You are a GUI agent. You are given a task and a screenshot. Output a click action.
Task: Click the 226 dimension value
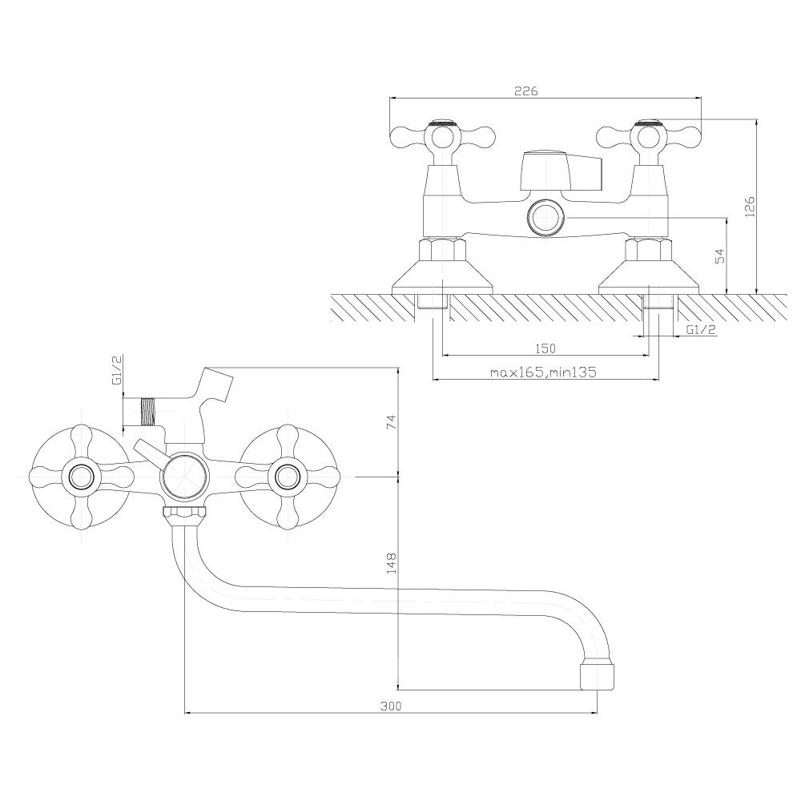click(x=525, y=91)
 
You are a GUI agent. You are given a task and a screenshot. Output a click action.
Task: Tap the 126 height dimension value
click(x=750, y=207)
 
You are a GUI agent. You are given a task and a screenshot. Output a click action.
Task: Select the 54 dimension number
click(x=719, y=256)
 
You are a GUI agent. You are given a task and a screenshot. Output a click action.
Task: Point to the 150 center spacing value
click(x=545, y=348)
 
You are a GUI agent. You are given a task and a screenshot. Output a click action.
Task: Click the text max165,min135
click(x=543, y=372)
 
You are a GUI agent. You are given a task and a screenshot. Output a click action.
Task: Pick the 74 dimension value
click(x=391, y=422)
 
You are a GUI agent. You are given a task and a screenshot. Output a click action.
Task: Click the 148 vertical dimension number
click(x=391, y=562)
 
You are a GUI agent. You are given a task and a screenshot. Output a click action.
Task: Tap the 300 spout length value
click(x=391, y=706)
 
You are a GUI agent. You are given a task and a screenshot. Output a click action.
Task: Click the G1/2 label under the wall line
click(x=702, y=330)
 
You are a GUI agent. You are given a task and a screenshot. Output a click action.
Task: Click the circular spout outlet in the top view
click(x=546, y=218)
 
